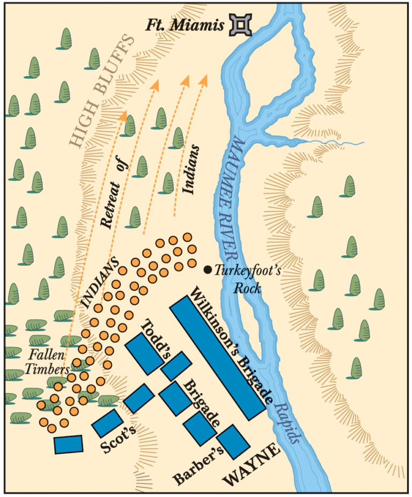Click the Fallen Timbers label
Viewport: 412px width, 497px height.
(48, 362)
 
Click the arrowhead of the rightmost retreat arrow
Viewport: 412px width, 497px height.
(203, 80)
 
